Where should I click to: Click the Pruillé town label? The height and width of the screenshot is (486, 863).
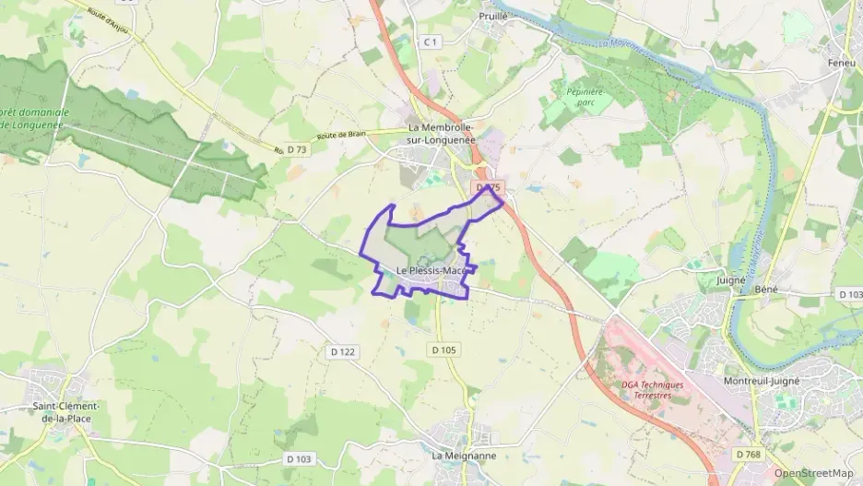click(493, 16)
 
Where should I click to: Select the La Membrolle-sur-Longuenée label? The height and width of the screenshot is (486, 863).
click(441, 134)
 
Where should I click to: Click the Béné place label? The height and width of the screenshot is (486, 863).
click(766, 289)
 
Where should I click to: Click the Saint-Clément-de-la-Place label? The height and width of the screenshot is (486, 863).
click(66, 411)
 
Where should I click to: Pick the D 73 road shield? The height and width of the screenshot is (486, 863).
click(297, 148)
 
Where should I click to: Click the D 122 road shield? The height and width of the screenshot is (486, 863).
click(342, 351)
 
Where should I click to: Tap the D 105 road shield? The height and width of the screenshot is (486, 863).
click(443, 350)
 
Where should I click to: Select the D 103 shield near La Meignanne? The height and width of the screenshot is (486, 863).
click(300, 458)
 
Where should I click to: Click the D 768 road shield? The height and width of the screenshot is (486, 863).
click(750, 454)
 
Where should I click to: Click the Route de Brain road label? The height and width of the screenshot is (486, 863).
click(342, 135)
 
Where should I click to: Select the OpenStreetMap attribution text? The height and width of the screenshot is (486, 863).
click(813, 473)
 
